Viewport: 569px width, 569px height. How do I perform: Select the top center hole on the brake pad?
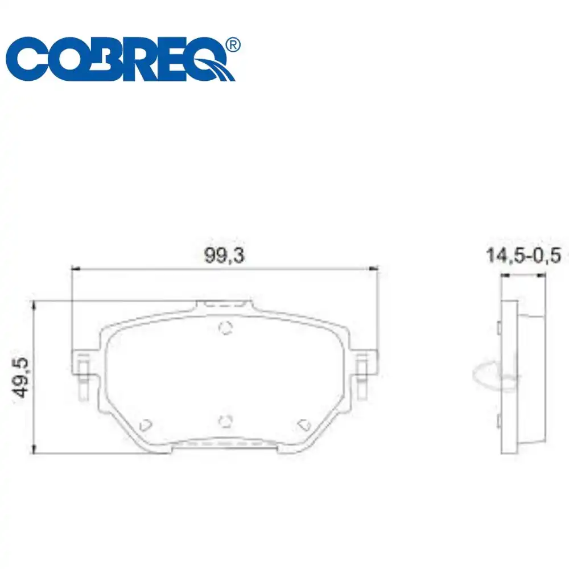point(226,328)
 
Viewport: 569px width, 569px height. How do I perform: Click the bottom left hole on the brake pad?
point(146,424)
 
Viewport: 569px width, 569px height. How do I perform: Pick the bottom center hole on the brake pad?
point(226,421)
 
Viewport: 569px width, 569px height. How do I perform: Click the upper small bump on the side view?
point(498,328)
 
